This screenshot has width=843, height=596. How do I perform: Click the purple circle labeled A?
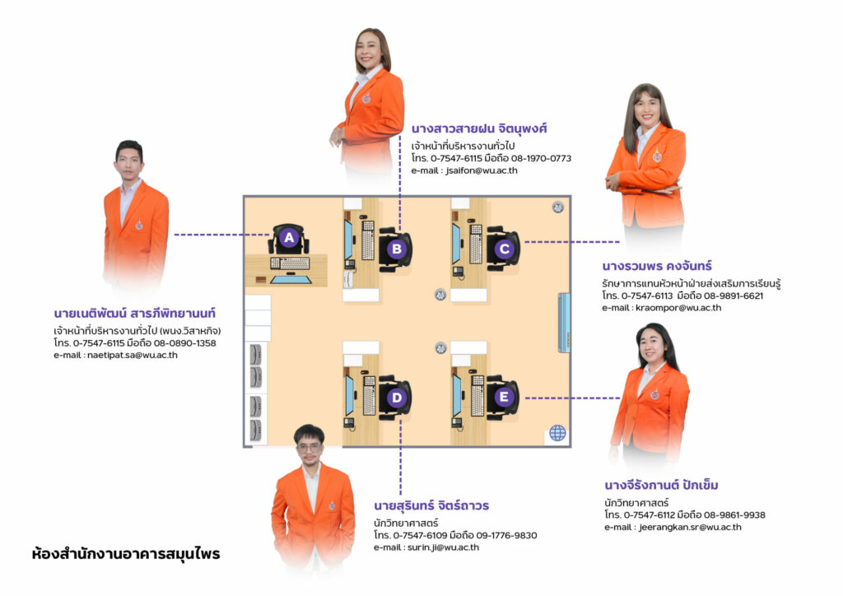coord(287,239)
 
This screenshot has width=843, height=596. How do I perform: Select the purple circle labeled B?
coord(396,249)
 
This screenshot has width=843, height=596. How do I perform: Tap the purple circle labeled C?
coord(505,249)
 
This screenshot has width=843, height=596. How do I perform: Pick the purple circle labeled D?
coord(396,398)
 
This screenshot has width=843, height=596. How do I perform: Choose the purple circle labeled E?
coord(505,398)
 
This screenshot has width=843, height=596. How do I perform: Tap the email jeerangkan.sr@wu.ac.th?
coord(690,528)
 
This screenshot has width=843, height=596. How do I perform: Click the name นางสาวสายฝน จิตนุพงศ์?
coord(479,129)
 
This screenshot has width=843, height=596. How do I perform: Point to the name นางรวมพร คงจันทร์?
coord(656,266)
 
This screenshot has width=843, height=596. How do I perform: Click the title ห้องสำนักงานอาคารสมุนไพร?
coord(126,554)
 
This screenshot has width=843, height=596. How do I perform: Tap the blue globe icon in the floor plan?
coord(557,431)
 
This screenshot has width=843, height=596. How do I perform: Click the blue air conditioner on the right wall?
coord(564,322)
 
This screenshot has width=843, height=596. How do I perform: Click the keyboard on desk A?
coord(290,263)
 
